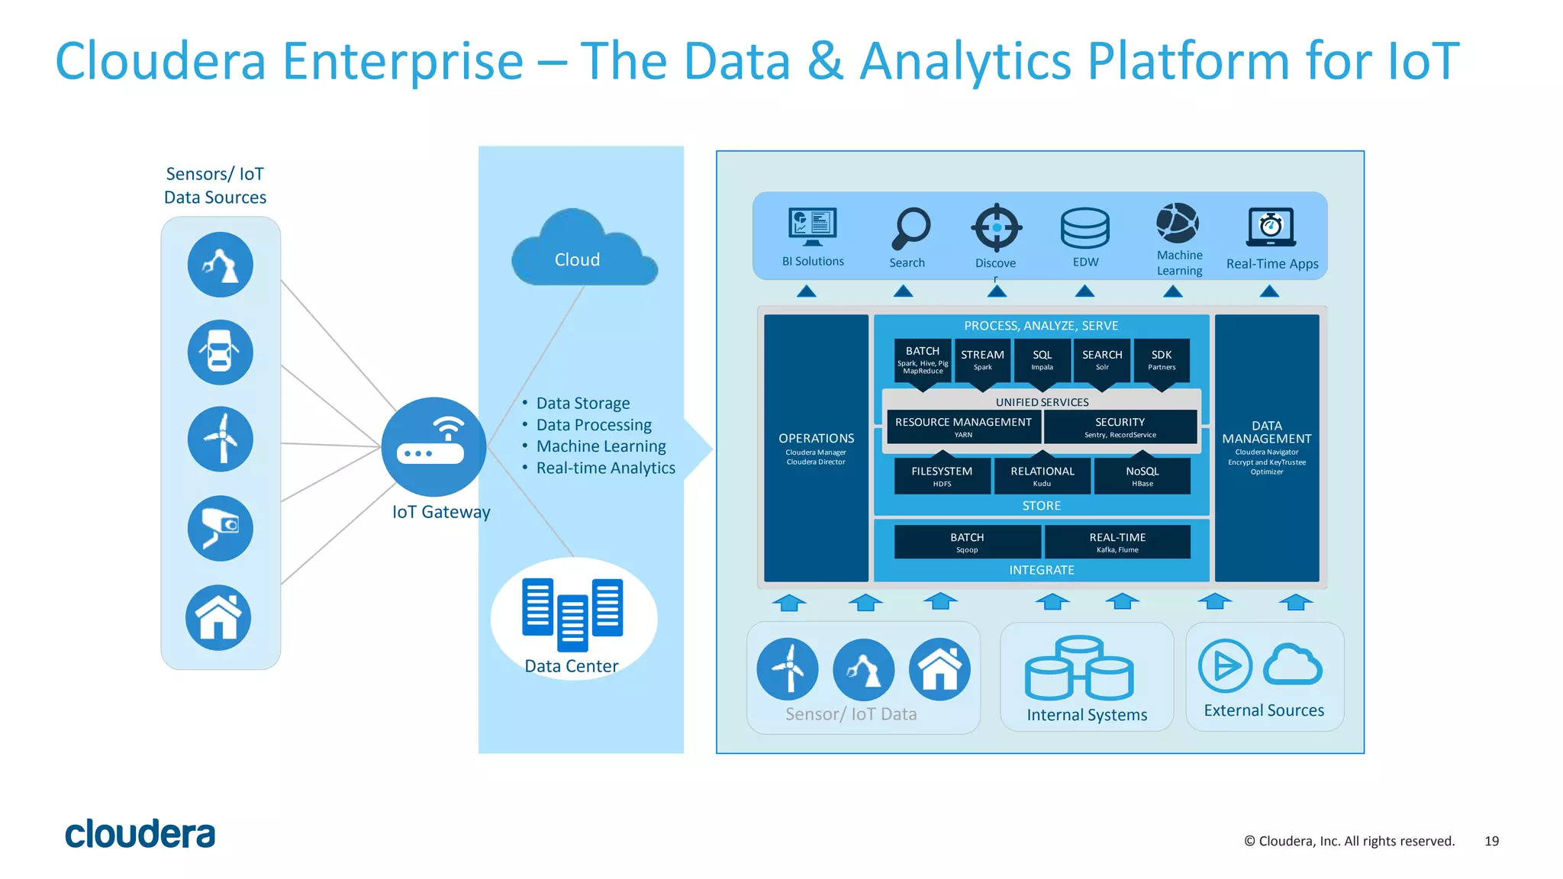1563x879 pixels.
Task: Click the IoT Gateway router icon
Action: pos(433,446)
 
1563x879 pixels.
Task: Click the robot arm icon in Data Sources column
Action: pos(221,265)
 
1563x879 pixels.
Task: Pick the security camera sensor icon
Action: pos(221,528)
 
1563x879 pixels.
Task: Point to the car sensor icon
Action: pos(221,352)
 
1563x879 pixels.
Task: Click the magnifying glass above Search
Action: pos(910,228)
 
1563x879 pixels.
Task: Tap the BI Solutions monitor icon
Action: pos(813,227)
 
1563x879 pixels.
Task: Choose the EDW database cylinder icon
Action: pos(1084,228)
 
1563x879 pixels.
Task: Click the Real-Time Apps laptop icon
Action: pos(1271,227)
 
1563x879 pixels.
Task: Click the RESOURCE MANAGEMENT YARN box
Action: pos(963,427)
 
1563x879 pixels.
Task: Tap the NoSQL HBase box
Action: pos(1142,476)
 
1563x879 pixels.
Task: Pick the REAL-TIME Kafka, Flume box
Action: pos(1117,542)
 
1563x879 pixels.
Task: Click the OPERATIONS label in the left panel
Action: pos(816,438)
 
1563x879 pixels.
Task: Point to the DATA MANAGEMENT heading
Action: pos(1266,432)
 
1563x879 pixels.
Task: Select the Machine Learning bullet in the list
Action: pos(601,446)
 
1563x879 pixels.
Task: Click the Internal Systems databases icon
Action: pos(1079,669)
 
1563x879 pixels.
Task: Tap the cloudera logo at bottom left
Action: pos(140,834)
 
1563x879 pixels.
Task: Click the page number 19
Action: pos(1491,841)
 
